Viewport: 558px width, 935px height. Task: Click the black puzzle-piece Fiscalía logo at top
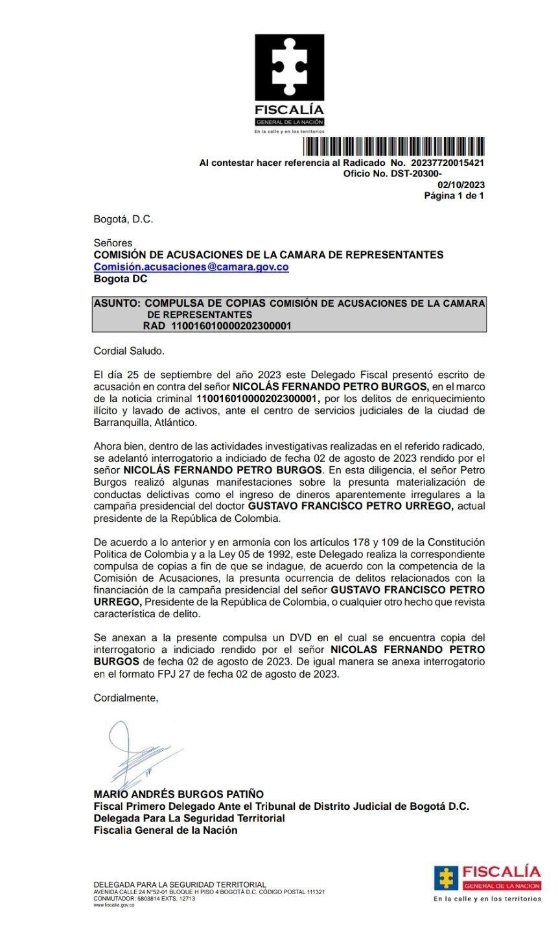point(288,68)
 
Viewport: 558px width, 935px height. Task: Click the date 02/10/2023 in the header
point(461,185)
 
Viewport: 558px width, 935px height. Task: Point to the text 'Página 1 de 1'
point(454,195)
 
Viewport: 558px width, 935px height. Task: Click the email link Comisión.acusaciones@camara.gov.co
point(191,266)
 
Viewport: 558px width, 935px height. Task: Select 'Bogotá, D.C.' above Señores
point(123,220)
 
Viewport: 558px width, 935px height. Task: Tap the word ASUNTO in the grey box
point(115,303)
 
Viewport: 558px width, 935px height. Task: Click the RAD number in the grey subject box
point(230,326)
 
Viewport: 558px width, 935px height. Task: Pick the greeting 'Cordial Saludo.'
point(130,351)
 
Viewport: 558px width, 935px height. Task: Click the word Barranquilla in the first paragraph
point(126,422)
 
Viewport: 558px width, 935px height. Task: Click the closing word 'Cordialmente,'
point(126,698)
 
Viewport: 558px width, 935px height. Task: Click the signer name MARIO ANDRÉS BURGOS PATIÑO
point(179,794)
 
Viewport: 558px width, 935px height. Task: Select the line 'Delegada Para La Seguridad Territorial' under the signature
point(189,818)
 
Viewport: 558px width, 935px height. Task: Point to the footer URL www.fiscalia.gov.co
point(114,905)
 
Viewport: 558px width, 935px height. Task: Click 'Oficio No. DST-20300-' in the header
point(392,174)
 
